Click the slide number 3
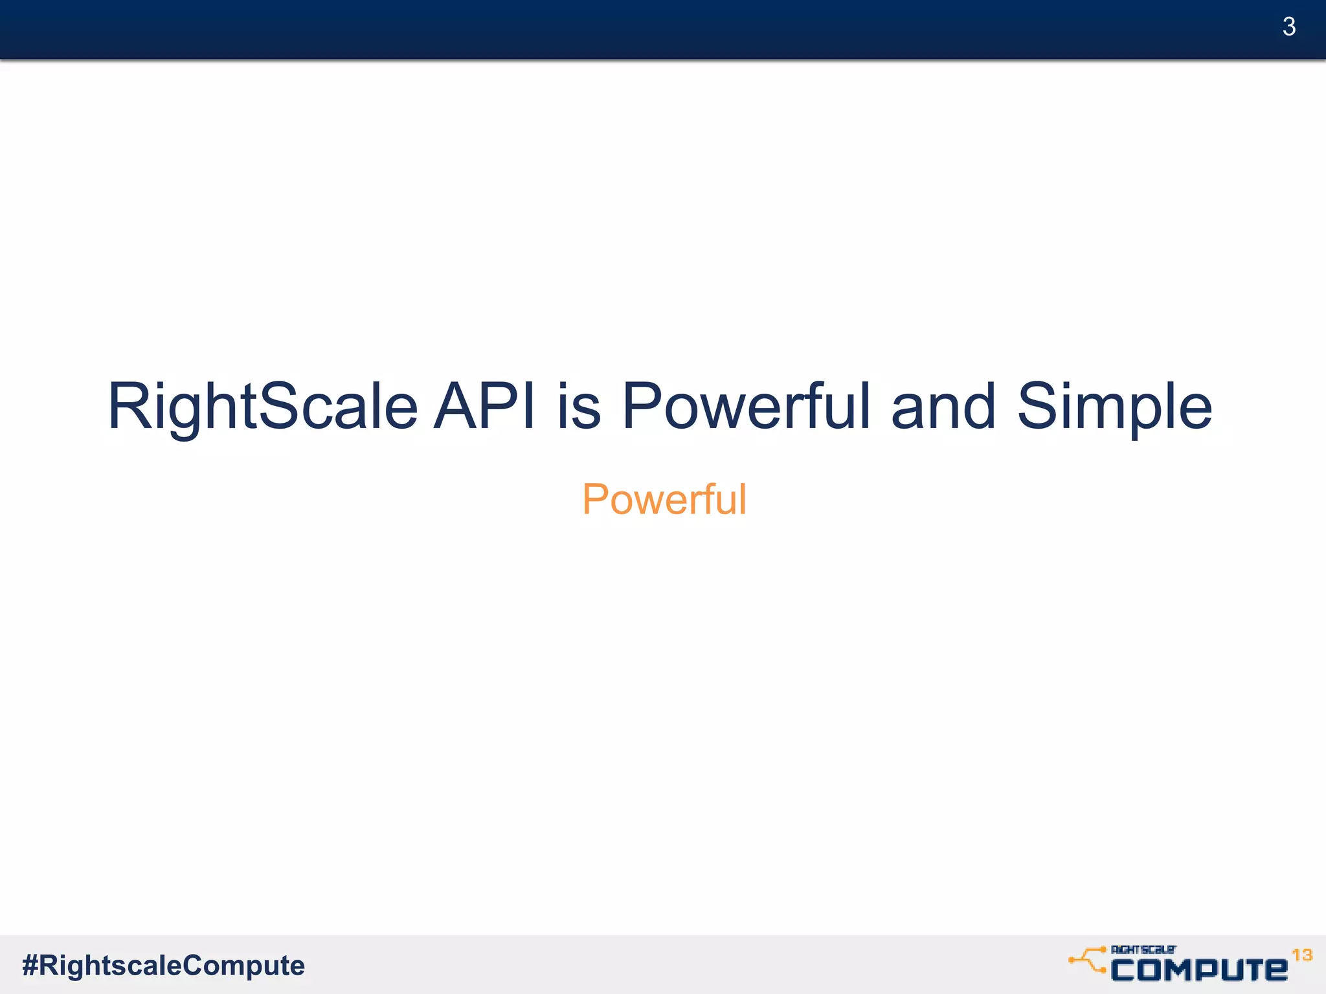[1288, 27]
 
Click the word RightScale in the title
[262, 407]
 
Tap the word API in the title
[484, 407]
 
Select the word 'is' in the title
[578, 407]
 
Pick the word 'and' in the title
[943, 407]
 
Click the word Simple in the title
[1114, 407]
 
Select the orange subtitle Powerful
[664, 500]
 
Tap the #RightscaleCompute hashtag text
[163, 966]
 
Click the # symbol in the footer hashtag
[30, 966]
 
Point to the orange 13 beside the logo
[1302, 955]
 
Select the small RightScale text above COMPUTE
[1143, 949]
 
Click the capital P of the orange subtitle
[596, 500]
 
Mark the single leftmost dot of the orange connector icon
[1072, 960]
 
